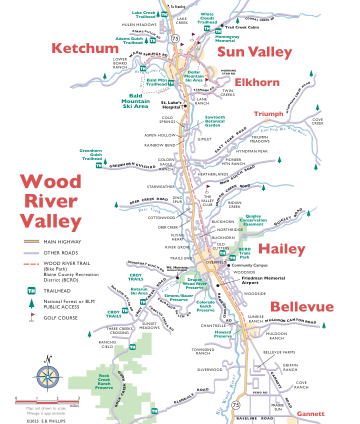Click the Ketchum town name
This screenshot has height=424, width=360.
point(85,48)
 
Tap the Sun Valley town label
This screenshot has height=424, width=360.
point(254,52)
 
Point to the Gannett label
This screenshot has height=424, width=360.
point(310,413)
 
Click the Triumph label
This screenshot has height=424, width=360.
point(268,114)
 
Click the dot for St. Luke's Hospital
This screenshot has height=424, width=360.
point(185,106)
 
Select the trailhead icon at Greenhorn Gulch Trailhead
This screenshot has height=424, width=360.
point(99,165)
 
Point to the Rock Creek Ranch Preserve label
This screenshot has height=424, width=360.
point(104,381)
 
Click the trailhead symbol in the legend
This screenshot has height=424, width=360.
point(31,290)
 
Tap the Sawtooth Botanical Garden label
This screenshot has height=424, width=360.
point(215,121)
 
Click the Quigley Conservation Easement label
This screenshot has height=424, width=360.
point(253,220)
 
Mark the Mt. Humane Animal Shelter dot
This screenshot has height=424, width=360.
point(177,276)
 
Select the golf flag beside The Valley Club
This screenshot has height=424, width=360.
point(207,189)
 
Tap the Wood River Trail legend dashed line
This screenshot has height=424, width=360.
point(31,263)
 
